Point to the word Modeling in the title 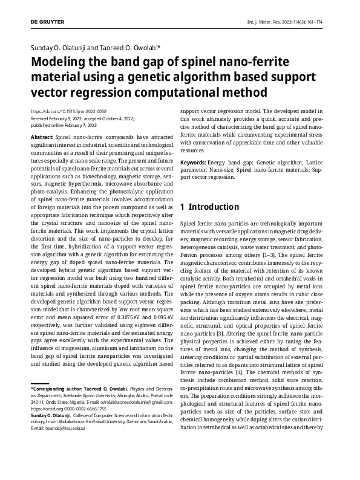coord(63,63)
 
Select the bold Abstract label coord(41,138)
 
